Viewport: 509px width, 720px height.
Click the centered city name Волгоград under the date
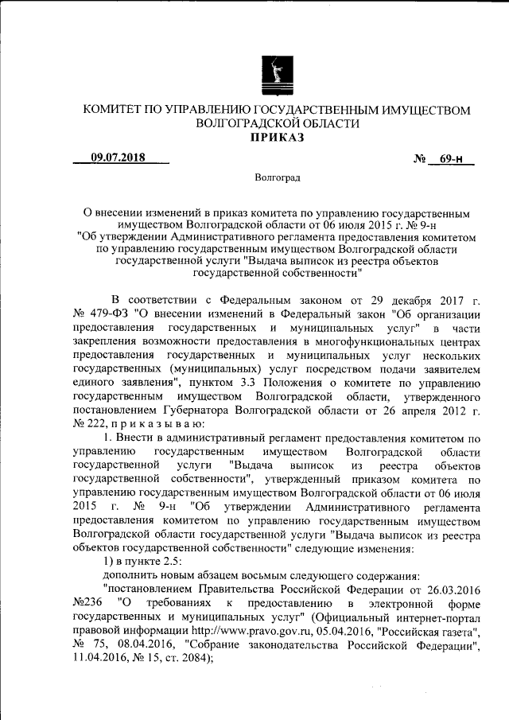point(278,179)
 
